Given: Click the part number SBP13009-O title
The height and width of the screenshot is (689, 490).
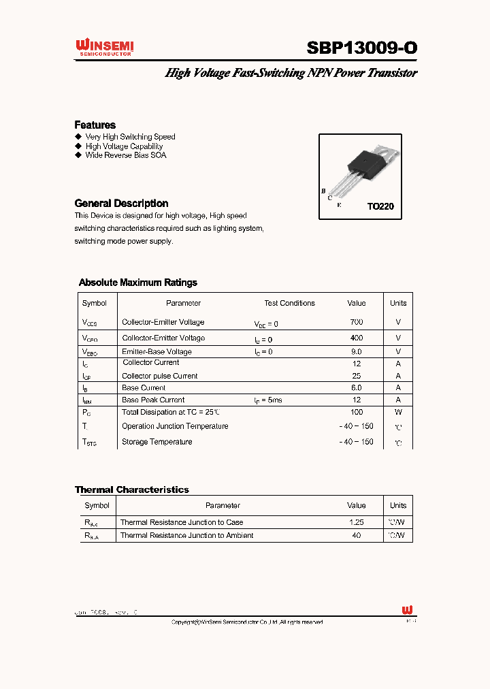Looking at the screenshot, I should point(361,48).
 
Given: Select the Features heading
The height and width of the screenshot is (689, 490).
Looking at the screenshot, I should point(95,125).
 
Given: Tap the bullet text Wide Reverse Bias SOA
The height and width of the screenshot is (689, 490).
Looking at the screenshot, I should point(125,155).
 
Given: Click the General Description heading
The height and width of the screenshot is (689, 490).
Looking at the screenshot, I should point(121,203).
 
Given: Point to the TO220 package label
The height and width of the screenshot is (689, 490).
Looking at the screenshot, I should point(380,206).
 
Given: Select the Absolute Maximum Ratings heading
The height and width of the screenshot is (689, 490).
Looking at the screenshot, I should point(137,282).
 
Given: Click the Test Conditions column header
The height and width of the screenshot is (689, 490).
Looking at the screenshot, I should point(289,303).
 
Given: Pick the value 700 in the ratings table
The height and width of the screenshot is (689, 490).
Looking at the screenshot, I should point(356,322).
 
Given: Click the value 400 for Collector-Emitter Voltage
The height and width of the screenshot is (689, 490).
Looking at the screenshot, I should point(356,338).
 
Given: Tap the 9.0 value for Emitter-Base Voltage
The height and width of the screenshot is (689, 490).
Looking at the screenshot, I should point(356,352).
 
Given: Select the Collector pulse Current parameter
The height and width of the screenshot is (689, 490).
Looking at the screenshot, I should point(159,376).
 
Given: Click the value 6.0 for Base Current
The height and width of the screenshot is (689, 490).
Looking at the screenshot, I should point(356,387).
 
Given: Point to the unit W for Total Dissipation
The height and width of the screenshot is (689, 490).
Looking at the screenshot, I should point(398,412).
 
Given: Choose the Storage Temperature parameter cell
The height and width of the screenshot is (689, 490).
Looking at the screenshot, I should point(157,442).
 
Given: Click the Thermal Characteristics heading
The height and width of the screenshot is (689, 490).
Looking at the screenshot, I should point(131,490).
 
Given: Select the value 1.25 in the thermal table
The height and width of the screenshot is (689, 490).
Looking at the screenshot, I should point(356,522).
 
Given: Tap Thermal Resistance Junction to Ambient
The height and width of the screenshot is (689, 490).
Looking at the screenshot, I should point(186,535).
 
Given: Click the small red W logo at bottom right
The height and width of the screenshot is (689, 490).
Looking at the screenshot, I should point(408,610).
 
